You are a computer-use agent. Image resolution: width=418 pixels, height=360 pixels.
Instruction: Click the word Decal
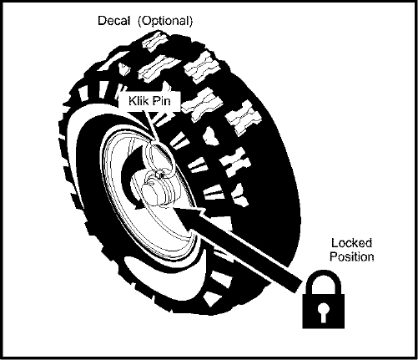[113, 21]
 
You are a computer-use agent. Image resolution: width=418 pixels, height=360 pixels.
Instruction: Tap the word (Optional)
[165, 21]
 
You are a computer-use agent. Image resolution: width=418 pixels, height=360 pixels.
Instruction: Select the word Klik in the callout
[138, 101]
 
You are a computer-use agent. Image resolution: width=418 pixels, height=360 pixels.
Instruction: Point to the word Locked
[351, 243]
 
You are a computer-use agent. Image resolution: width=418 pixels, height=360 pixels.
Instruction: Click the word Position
[352, 256]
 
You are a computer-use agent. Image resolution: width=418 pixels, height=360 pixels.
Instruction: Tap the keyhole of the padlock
[323, 312]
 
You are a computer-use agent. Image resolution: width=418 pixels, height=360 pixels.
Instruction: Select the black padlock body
[324, 312]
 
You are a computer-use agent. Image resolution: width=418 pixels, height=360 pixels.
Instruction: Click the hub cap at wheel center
[157, 192]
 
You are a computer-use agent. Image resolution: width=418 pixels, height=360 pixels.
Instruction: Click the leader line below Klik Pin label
[149, 126]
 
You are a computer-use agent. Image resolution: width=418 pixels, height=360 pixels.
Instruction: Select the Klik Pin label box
[149, 101]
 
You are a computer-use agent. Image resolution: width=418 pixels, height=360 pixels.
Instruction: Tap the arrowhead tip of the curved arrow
[136, 208]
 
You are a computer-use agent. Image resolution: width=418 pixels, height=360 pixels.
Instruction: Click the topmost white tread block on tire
[154, 42]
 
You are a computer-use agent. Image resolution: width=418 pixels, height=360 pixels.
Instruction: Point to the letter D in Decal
[102, 21]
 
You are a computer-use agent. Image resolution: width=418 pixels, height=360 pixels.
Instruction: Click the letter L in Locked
[334, 243]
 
